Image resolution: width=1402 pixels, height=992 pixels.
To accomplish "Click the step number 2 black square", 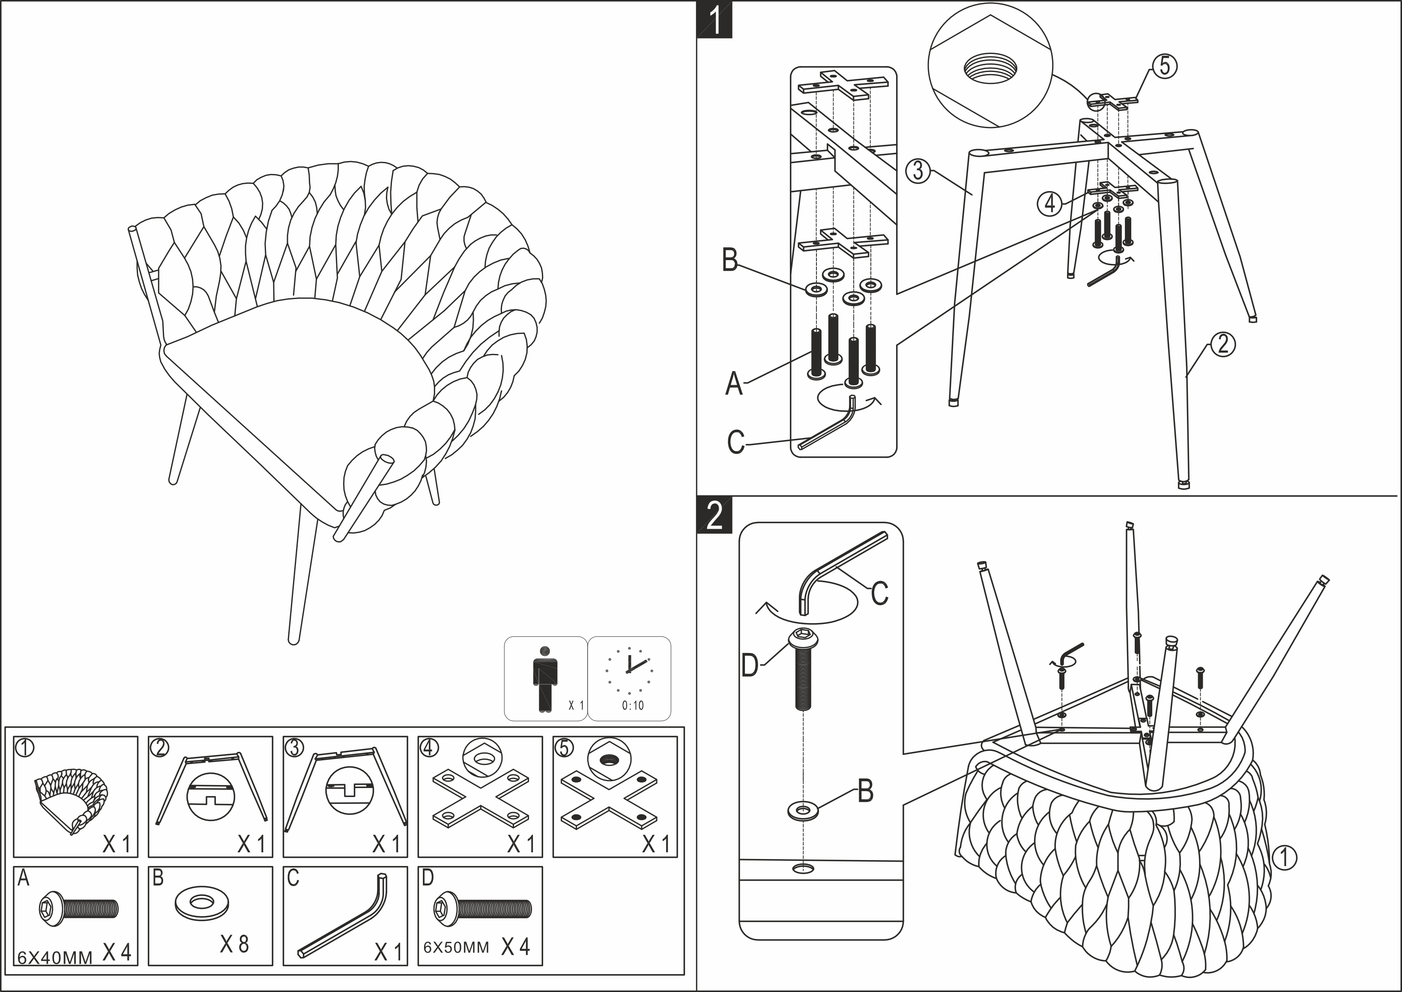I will (x=714, y=517).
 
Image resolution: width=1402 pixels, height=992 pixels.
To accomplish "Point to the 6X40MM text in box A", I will (x=54, y=957).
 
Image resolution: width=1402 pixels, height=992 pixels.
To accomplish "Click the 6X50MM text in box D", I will (x=456, y=947).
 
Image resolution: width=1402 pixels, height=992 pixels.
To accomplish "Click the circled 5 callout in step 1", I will (x=1164, y=66).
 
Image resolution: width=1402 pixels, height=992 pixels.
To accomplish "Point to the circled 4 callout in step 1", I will (x=1049, y=203).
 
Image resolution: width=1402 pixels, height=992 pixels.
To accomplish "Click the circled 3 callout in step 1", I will (x=918, y=171).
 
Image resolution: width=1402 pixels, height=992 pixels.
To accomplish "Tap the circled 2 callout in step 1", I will (x=1223, y=345).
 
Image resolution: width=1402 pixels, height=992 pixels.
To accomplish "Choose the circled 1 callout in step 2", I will (x=1284, y=857).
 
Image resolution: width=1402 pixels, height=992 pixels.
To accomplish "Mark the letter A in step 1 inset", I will (x=734, y=384).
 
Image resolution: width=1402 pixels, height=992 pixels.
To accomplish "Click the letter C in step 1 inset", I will (x=736, y=442).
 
